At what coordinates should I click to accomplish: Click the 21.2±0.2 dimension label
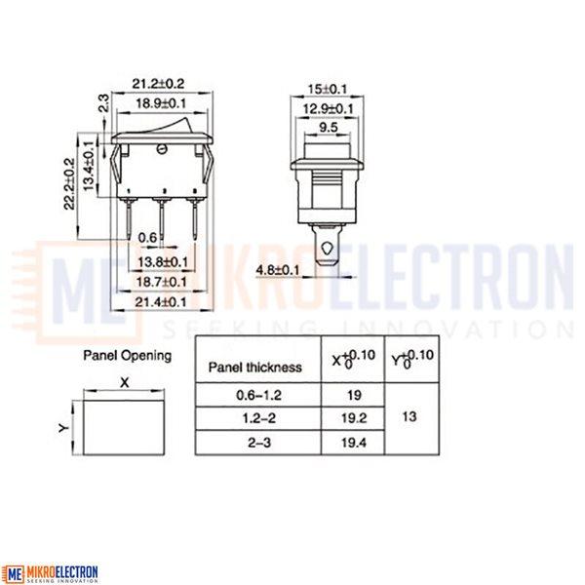pos(158,83)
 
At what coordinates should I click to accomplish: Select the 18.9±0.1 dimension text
pos(161,103)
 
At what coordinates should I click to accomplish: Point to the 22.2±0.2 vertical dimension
pos(70,183)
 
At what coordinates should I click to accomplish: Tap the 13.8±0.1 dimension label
pos(163,262)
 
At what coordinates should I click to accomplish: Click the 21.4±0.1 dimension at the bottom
pos(161,301)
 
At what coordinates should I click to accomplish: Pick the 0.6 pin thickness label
pos(147,237)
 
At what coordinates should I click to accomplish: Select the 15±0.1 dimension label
pos(328,89)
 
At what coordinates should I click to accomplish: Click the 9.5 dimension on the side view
pos(329,127)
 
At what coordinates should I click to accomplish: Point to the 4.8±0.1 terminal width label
pos(278,270)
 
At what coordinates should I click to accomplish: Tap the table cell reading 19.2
pos(354,418)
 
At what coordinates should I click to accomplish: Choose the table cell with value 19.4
pos(354,443)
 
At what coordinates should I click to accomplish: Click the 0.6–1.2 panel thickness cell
pos(258,395)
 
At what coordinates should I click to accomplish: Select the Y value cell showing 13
pos(409,416)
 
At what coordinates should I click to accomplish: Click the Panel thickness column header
pos(255,368)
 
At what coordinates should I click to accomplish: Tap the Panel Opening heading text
pos(127,356)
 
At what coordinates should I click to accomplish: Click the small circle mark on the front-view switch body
pos(162,149)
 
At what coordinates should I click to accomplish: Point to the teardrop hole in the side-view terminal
pos(328,248)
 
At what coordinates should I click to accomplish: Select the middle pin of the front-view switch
pos(162,220)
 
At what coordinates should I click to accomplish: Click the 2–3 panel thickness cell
pos(258,443)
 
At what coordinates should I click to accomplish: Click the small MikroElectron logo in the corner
pos(50,574)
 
